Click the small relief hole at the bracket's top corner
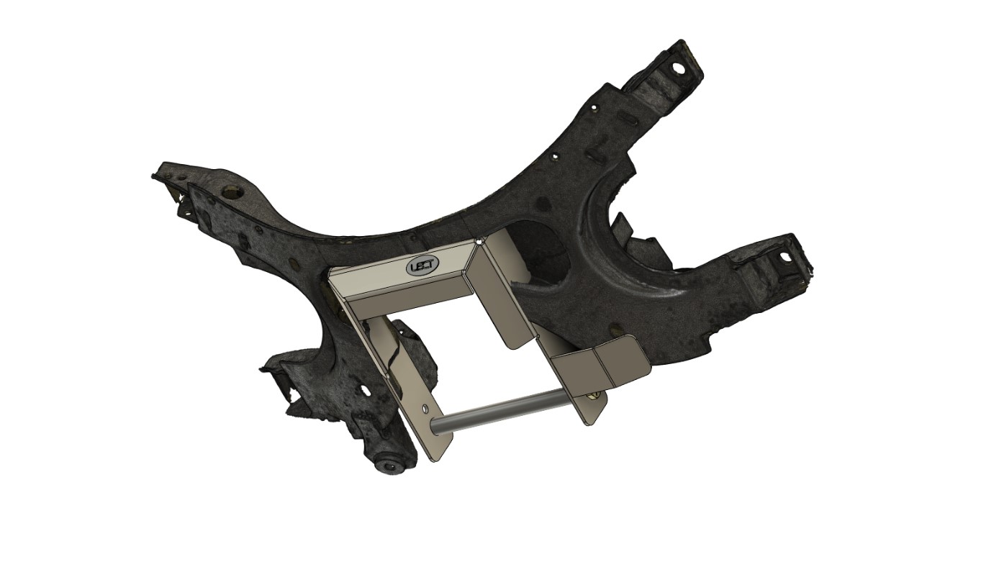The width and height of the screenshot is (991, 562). coord(480,243)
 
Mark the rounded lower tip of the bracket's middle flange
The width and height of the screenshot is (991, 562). coord(513,343)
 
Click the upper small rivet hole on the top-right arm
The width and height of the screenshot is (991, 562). coord(595,109)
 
